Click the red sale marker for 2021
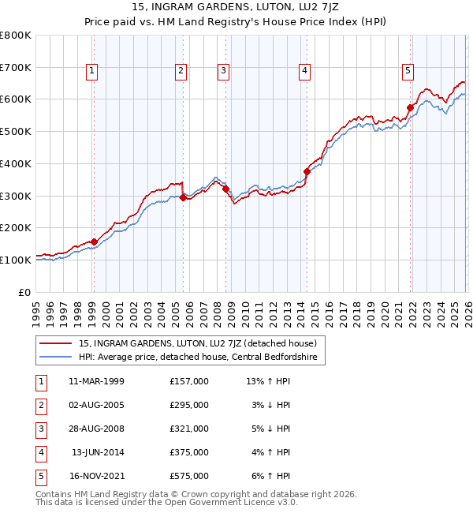pyautogui.click(x=411, y=107)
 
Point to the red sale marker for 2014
pyautogui.click(x=307, y=171)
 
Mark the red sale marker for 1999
pyautogui.click(x=94, y=242)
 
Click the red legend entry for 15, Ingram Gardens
pyautogui.click(x=197, y=343)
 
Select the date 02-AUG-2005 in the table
pyautogui.click(x=96, y=404)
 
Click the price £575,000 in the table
pyautogui.click(x=188, y=476)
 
